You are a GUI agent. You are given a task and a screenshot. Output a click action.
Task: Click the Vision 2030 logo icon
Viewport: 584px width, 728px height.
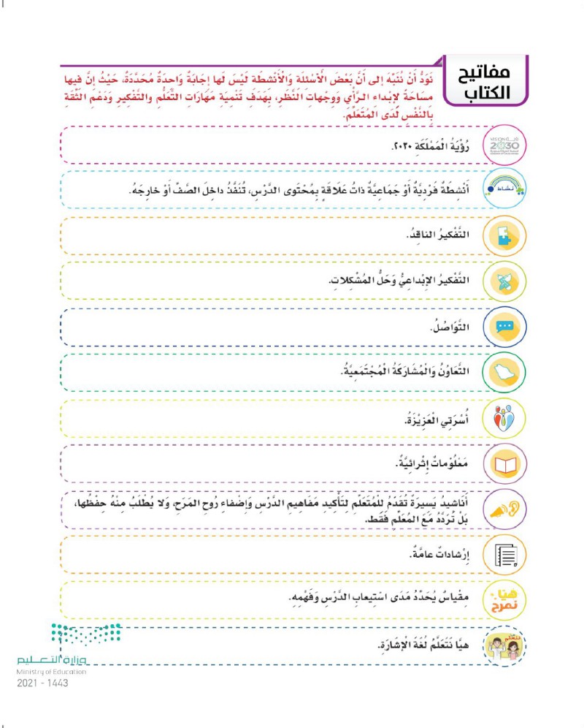coord(503,144)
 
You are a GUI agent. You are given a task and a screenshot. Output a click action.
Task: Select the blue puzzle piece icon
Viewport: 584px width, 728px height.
coord(503,237)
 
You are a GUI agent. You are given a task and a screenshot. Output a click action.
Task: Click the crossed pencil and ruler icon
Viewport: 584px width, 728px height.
coord(503,281)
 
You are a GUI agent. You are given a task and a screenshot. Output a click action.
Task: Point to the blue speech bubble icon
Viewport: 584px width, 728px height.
coord(503,327)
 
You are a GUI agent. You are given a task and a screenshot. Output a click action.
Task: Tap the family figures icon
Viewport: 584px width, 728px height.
coord(503,418)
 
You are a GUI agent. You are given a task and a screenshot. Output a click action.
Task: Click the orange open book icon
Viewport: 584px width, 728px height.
coord(503,463)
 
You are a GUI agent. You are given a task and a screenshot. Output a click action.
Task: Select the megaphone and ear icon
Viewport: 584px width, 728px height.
coord(503,509)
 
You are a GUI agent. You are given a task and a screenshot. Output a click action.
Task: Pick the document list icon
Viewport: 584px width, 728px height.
coord(503,556)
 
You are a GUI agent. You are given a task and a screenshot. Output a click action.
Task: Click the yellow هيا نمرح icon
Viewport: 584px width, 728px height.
coord(503,600)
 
